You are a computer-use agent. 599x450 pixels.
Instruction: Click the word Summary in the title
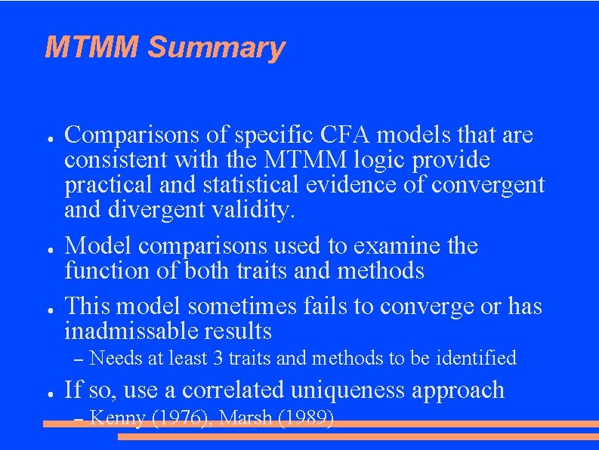click(x=216, y=48)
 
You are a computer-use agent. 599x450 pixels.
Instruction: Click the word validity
click(x=255, y=210)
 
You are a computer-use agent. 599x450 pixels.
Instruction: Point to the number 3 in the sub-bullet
click(x=218, y=358)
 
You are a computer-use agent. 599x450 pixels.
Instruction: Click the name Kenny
click(x=117, y=418)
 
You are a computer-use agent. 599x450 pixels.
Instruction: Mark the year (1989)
click(x=306, y=418)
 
